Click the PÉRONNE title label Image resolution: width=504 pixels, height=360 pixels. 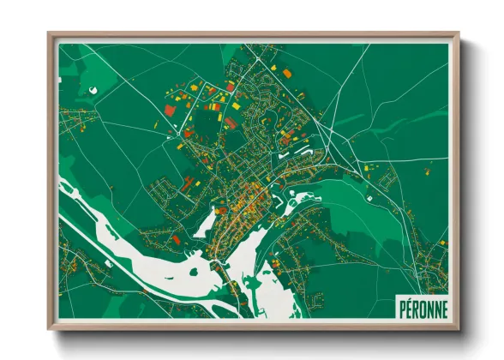(x=421, y=306)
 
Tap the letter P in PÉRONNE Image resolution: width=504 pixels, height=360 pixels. (x=401, y=306)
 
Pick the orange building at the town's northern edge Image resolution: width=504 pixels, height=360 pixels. (x=288, y=75)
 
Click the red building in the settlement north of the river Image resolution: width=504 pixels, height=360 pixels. (x=176, y=240)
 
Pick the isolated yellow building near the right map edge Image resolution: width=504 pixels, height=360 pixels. (x=370, y=166)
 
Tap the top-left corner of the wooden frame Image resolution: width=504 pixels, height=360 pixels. (x=50, y=35)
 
